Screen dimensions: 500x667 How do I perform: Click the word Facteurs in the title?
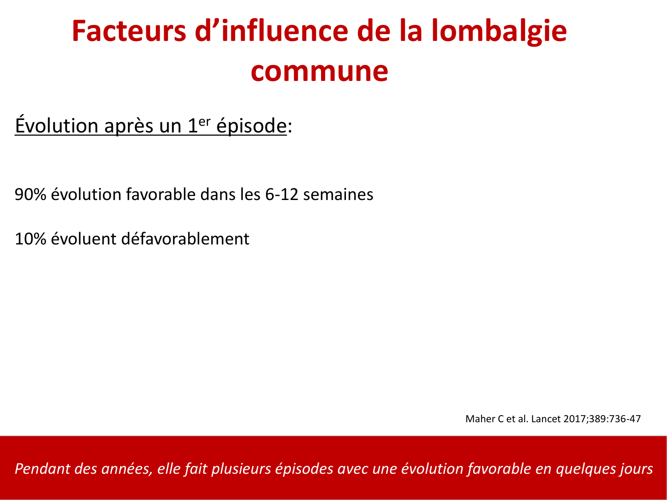click(x=129, y=31)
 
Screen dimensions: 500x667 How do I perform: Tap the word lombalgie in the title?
click(x=499, y=31)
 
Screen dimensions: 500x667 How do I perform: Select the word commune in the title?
click(x=319, y=71)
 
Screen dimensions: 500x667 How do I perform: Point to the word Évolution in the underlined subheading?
click(x=56, y=126)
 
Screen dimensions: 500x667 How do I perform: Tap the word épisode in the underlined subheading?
click(x=251, y=126)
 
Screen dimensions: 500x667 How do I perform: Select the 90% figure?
click(x=30, y=195)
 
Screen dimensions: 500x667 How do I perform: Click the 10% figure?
click(x=30, y=239)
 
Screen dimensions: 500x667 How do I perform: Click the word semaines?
click(x=338, y=195)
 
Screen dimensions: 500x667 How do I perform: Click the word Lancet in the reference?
click(x=546, y=419)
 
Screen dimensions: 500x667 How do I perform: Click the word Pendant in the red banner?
click(x=42, y=469)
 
